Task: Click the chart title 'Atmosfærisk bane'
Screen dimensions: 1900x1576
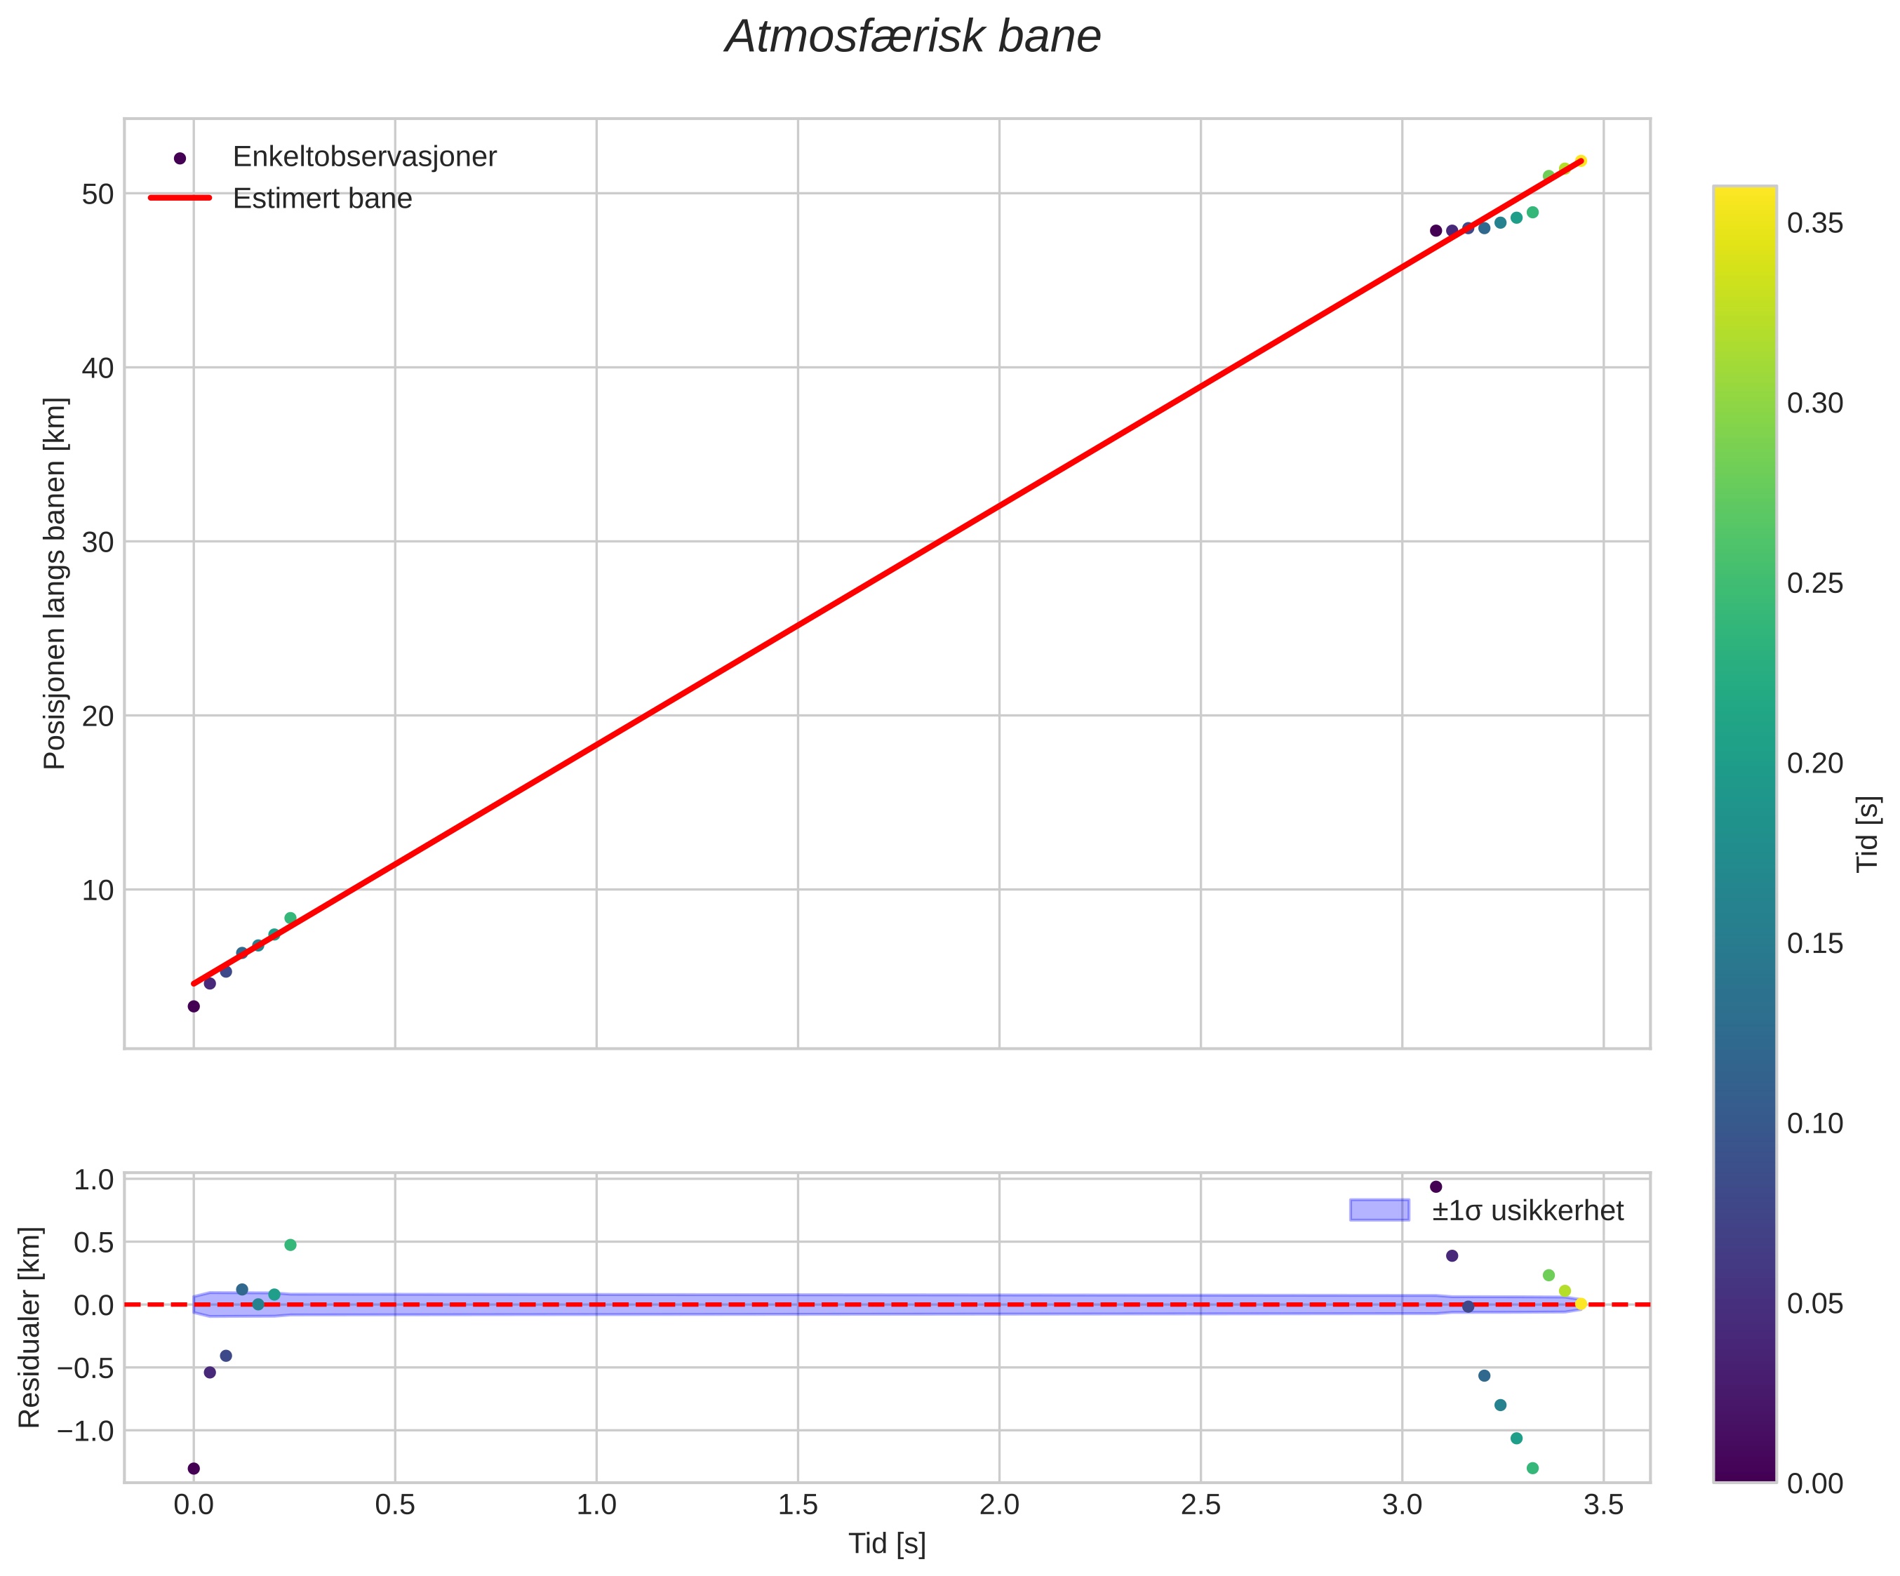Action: click(x=913, y=37)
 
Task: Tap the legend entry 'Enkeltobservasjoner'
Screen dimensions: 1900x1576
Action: click(x=365, y=156)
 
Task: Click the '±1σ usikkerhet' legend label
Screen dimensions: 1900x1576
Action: click(x=1527, y=1210)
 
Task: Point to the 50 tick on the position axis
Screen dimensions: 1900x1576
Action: click(x=98, y=194)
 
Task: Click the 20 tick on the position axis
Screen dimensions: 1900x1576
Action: click(x=98, y=716)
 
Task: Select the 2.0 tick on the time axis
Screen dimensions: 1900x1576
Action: click(x=999, y=1504)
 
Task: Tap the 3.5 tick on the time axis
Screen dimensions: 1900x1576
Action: click(x=1603, y=1504)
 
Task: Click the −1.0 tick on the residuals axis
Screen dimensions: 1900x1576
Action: click(x=86, y=1430)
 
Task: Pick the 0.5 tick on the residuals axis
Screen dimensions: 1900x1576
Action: click(x=94, y=1242)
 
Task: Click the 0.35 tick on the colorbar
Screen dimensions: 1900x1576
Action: click(x=1815, y=223)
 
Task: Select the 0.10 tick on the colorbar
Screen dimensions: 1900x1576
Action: click(x=1815, y=1123)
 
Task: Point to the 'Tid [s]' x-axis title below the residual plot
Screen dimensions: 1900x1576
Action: click(x=887, y=1544)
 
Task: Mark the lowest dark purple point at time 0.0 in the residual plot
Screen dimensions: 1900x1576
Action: click(x=194, y=1467)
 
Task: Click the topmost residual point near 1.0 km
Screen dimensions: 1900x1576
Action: click(x=1436, y=1186)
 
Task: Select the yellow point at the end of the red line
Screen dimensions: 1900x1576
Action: click(x=1581, y=161)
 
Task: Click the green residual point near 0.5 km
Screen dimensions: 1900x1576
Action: click(x=290, y=1245)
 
